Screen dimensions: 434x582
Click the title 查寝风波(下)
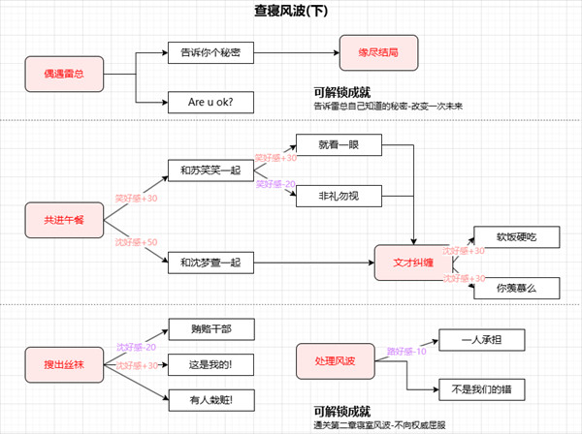pos(292,12)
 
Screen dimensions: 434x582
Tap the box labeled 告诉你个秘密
pos(203,50)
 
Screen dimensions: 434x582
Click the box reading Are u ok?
pos(203,100)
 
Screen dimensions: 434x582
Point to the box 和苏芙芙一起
pos(210,170)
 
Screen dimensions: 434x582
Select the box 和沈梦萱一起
pos(210,261)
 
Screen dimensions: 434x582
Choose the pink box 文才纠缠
pos(415,261)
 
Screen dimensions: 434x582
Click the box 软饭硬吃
pos(515,236)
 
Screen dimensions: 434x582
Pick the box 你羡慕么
pos(515,287)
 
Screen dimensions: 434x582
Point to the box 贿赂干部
pos(211,328)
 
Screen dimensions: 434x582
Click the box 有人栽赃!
pos(211,397)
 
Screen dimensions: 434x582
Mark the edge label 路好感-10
pos(405,351)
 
